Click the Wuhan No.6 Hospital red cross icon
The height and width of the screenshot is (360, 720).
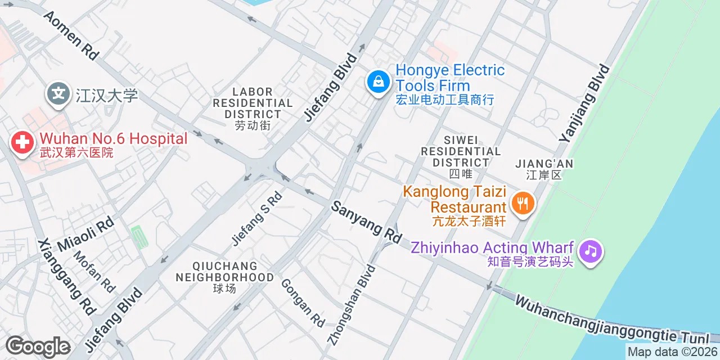[22, 142]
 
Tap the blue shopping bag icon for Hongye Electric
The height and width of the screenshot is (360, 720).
[379, 82]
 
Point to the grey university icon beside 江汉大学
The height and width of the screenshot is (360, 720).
[58, 94]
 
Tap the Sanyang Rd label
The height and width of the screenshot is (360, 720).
[366, 222]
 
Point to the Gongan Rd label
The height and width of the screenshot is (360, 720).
[303, 303]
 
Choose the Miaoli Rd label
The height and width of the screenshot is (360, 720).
[85, 233]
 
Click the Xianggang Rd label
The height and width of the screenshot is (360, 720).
[67, 276]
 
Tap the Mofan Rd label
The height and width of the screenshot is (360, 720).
[94, 271]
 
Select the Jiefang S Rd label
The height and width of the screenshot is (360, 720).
[256, 218]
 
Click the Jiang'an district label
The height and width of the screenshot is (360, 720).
[544, 169]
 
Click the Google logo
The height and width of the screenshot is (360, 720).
[38, 346]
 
